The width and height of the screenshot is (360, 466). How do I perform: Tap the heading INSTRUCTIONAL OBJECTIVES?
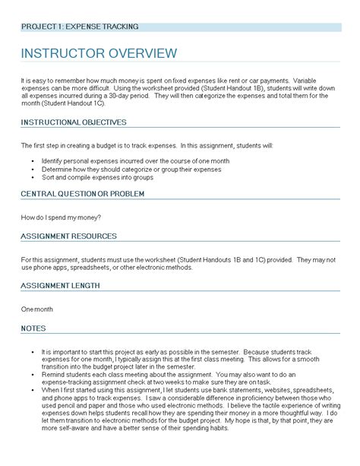coord(74,122)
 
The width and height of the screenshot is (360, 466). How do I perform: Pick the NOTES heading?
coord(34,328)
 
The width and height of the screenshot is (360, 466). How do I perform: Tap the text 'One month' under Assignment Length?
coord(37,309)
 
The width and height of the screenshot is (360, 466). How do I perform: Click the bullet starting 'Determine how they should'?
coord(122,170)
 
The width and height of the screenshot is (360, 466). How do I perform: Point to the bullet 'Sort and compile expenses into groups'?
coord(98,177)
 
